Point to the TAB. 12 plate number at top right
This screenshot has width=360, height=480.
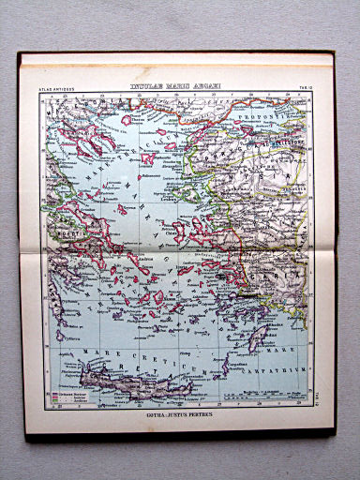pyautogui.click(x=304, y=89)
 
